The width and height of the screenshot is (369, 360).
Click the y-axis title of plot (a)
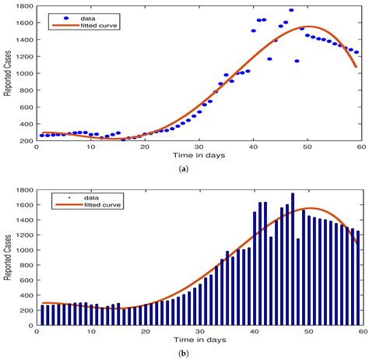[x=8, y=73]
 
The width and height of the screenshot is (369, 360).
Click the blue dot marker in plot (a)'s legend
[x=65, y=17]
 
